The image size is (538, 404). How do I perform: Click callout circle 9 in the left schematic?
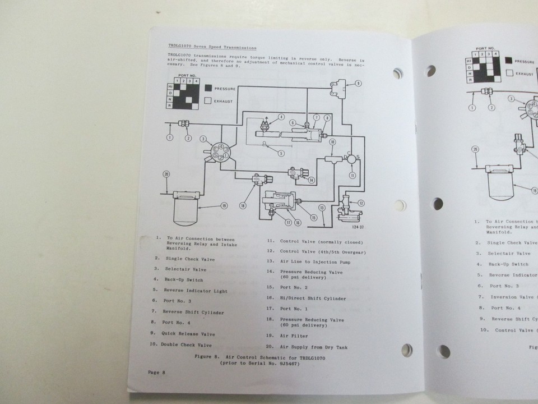click(x=358, y=84)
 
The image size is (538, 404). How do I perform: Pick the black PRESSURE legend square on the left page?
click(x=208, y=88)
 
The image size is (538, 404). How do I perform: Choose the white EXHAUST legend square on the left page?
click(x=208, y=101)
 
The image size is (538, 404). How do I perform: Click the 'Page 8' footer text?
click(x=156, y=372)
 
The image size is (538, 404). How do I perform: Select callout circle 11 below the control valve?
click(x=352, y=175)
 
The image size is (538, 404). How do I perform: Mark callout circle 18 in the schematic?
click(x=243, y=206)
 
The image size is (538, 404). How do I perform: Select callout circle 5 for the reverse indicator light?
click(x=281, y=153)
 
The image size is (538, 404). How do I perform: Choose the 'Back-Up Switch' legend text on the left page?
click(x=184, y=279)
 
